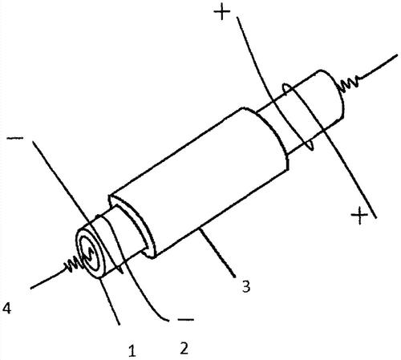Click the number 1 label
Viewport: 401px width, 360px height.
point(132,350)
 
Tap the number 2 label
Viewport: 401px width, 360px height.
point(184,347)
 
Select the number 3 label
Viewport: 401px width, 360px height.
point(246,286)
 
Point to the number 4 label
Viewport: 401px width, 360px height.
point(6,308)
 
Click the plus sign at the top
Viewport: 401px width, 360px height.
point(222,13)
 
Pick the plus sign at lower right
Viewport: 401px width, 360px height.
point(359,215)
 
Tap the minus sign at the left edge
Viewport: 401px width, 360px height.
point(15,138)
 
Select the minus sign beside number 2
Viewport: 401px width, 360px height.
point(185,319)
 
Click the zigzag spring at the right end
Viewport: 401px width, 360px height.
point(349,83)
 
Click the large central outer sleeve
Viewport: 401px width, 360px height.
point(199,183)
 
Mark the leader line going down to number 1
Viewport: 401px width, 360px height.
point(110,301)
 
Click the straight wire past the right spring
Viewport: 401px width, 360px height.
point(379,67)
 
